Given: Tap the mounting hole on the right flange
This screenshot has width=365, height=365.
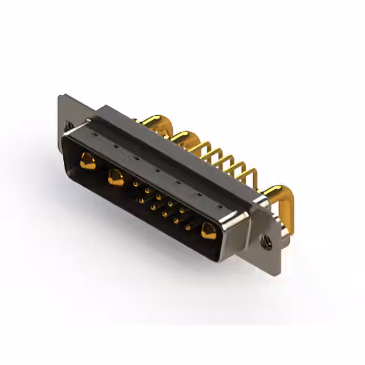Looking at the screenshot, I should (266, 242).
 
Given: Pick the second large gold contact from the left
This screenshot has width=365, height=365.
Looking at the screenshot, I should (116, 178).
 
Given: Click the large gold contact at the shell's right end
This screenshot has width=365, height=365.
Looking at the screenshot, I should (208, 231).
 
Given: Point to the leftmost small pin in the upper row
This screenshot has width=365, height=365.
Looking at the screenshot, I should (135, 184).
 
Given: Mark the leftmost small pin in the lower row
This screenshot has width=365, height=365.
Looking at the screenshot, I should (141, 201).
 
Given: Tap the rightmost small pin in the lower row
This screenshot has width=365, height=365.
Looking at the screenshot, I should (188, 227).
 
